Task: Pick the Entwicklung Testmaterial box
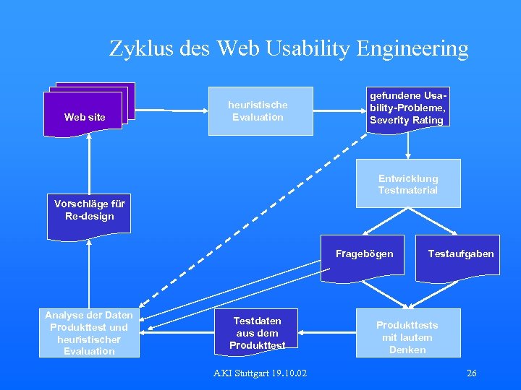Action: point(408,183)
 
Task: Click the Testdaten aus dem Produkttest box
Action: point(258,332)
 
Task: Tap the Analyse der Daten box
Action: point(89,333)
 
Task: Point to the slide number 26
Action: point(472,373)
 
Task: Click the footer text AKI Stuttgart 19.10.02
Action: point(260,373)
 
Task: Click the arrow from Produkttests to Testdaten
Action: point(329,333)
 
